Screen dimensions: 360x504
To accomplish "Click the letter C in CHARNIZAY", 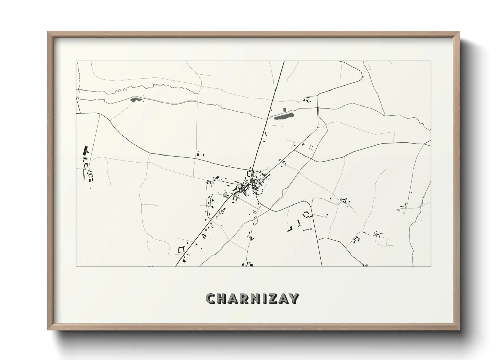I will coord(211,299).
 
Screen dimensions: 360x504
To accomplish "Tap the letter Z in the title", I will coord(272,299).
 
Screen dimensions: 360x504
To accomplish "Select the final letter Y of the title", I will coord(294,299).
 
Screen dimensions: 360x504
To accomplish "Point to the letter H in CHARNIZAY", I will coord(222,299).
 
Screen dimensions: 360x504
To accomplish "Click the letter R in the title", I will coord(243,299).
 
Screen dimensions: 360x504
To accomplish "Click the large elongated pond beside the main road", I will coord(284,117).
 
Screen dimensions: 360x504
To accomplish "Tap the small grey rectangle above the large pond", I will coord(285,110).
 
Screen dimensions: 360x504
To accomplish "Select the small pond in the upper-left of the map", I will coord(135,100).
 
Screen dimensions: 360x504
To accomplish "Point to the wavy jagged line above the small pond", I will coord(153,87).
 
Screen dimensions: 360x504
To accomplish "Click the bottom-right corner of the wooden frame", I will coord(459,329).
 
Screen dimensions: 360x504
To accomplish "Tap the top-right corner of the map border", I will coord(431,61).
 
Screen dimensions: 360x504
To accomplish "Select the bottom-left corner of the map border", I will coord(76,266).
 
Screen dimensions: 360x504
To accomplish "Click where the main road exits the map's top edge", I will coord(284,61).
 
